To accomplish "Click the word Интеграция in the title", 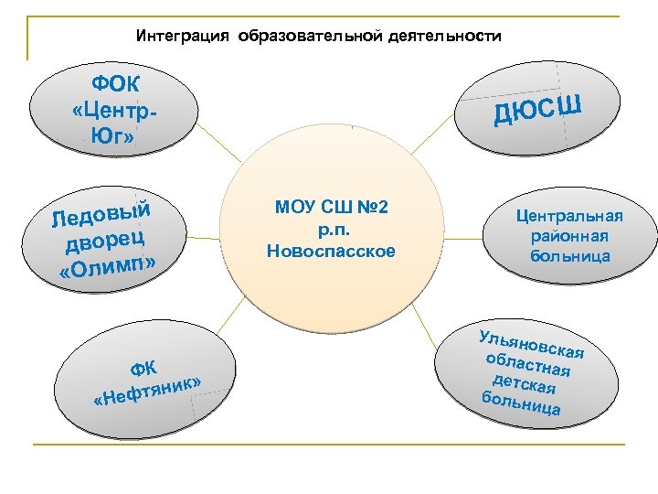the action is (183, 37).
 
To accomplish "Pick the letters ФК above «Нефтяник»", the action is (143, 368).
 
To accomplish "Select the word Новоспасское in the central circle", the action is (332, 250).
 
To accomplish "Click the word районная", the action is (568, 236).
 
